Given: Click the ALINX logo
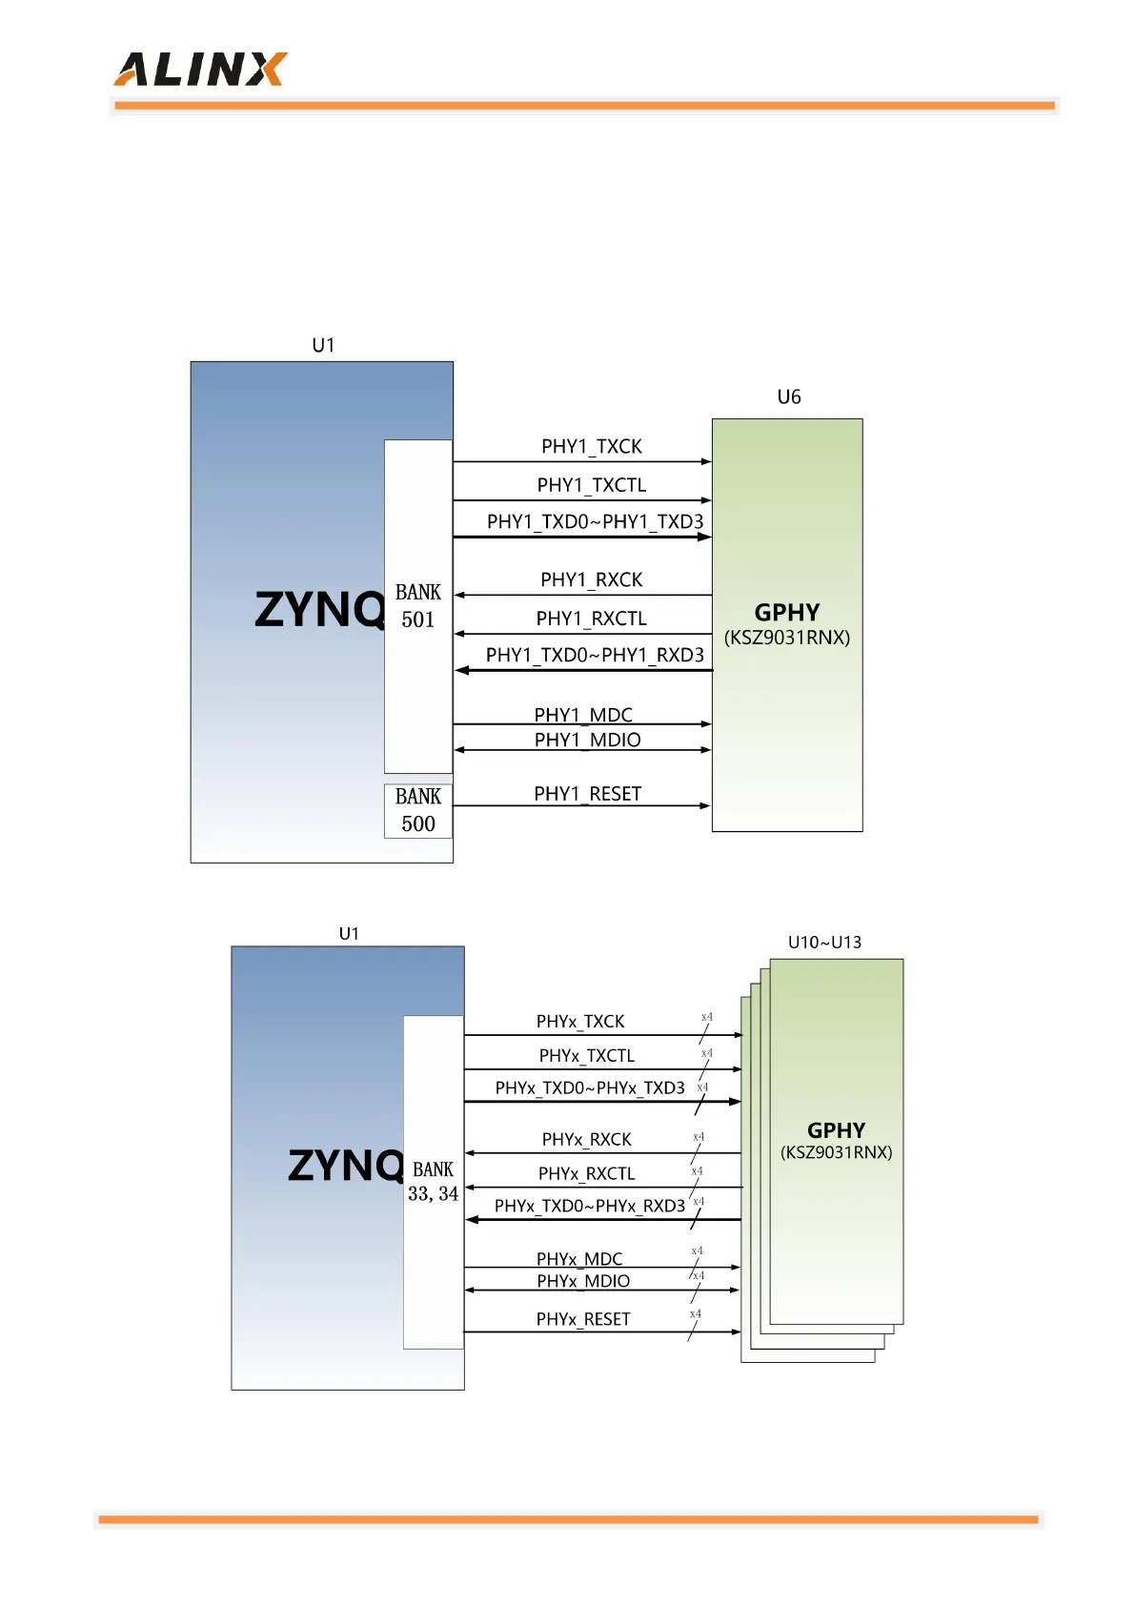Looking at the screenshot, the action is tap(200, 70).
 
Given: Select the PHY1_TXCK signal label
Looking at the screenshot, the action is tap(591, 446).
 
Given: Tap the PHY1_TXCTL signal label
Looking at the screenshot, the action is tap(591, 485).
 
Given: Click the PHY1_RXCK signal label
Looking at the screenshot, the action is tap(591, 579).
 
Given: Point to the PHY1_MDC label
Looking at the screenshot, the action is tap(583, 714).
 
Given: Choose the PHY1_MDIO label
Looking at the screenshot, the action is tap(587, 740).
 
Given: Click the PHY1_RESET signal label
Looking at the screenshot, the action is tap(587, 794).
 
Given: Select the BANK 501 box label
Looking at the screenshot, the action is tap(417, 605).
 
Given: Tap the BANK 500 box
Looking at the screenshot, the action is tap(417, 810).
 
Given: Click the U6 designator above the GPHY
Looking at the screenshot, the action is tap(789, 397).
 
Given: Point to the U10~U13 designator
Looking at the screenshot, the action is tap(824, 943).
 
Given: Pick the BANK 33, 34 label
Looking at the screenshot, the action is tap(433, 1182).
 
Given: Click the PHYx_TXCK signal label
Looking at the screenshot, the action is tap(579, 1022).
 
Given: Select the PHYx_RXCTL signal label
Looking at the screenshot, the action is tap(586, 1173).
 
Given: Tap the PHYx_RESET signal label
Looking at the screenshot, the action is tap(583, 1319).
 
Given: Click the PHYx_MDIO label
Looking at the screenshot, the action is tap(583, 1281).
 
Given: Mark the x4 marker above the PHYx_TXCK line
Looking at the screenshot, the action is tap(706, 1017).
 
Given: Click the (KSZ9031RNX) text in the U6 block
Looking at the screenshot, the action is tap(787, 638).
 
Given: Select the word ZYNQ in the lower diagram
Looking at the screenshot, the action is tap(346, 1166).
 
